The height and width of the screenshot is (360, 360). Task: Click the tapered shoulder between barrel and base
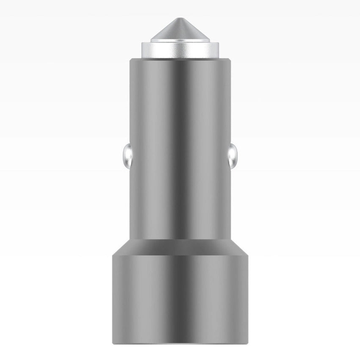click(180, 246)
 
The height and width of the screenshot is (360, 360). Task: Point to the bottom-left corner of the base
click(113, 342)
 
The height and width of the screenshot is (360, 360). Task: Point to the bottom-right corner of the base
click(248, 342)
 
